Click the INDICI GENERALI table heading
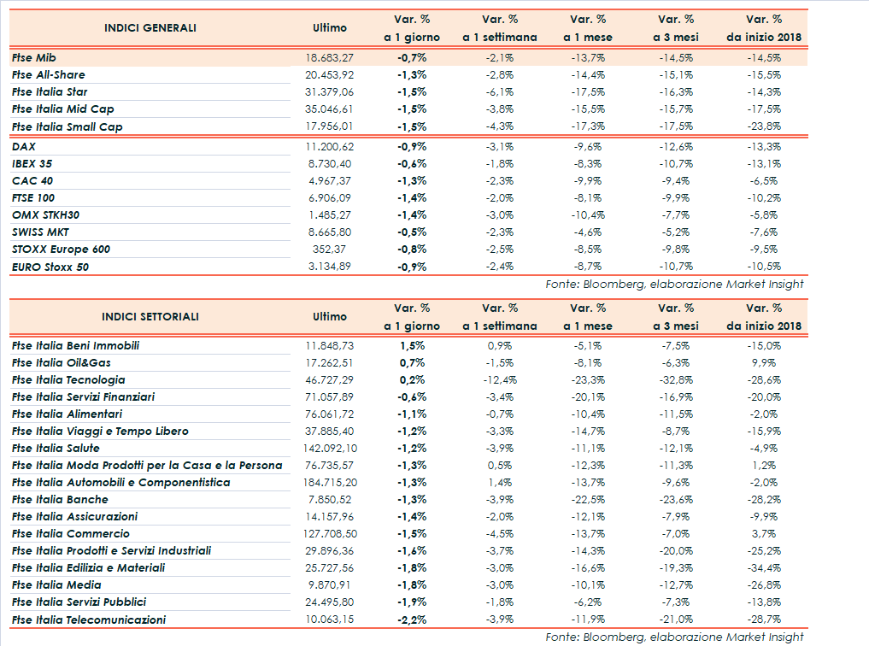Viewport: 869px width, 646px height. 150,28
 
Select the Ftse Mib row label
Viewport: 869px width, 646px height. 35,58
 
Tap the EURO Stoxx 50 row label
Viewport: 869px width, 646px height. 50,267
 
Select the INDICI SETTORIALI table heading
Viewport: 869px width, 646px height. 150,316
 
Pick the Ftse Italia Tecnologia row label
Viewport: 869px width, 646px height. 68,379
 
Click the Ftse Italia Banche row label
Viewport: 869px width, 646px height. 60,499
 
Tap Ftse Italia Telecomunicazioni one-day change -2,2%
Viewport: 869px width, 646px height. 412,620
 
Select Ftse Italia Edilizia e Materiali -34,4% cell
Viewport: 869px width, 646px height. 764,568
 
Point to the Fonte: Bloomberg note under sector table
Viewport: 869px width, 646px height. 675,637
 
